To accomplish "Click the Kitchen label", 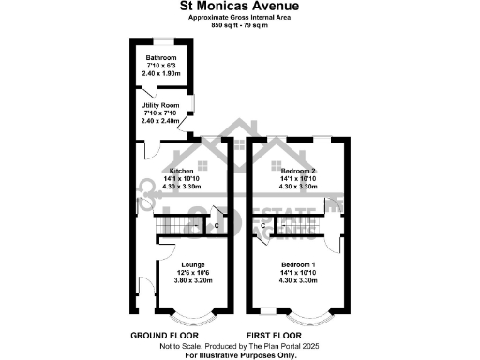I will [x=181, y=171].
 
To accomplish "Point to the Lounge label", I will [x=193, y=264].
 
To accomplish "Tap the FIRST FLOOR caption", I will [x=273, y=335].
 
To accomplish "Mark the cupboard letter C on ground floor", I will [x=217, y=226].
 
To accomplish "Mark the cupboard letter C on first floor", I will [x=262, y=226].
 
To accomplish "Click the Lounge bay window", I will [x=193, y=317].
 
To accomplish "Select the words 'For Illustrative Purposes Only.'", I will [x=239, y=356].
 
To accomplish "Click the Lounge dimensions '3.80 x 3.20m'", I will [x=193, y=281].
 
